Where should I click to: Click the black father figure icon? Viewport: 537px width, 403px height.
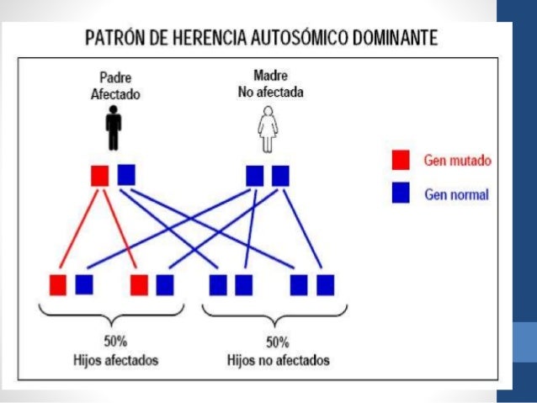114,130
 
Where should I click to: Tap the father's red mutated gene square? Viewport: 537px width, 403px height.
100,175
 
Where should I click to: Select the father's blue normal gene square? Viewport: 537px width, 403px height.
126,174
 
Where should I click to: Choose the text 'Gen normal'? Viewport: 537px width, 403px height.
456,194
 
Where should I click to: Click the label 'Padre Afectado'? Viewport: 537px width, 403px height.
114,87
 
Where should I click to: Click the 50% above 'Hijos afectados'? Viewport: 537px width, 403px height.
114,343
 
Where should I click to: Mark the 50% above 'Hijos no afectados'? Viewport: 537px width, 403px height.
277,343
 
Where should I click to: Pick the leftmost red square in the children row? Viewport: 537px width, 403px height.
58,284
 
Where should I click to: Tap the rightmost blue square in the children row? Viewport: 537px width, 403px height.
325,284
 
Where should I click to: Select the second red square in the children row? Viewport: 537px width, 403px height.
139,284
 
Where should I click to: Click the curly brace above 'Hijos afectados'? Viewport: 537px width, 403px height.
114,315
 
